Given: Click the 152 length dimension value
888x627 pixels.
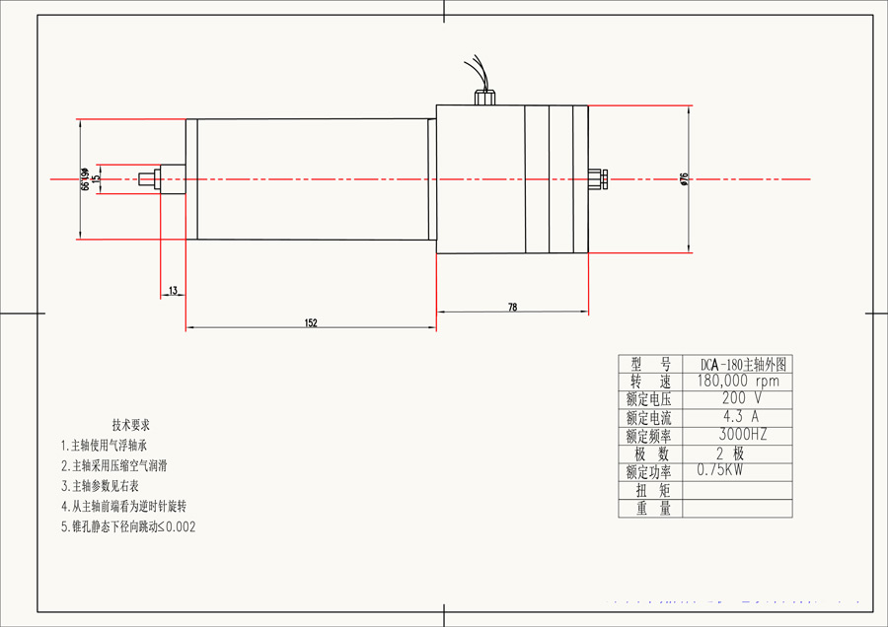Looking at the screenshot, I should (311, 322).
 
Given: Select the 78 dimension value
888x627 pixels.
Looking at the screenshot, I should (512, 308).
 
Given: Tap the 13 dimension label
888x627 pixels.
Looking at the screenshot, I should (173, 291).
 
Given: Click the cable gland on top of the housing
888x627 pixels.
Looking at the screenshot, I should (485, 98).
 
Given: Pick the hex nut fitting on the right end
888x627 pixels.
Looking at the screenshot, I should (595, 179).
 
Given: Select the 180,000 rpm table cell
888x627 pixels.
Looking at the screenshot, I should (737, 382).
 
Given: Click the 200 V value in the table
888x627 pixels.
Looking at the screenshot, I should (737, 399).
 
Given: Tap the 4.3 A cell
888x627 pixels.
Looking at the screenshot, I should (737, 417).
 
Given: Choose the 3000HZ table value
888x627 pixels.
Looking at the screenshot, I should (737, 435).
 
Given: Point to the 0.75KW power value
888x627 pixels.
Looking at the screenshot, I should (719, 470).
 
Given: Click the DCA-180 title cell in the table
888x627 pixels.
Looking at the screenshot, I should (737, 364).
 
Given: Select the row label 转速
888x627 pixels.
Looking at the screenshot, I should (649, 382).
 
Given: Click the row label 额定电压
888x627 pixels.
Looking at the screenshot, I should (649, 399).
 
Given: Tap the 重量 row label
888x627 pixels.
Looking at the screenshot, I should (649, 509).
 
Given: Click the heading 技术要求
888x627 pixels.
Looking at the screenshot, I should (130, 425).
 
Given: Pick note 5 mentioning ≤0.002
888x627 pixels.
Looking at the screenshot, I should (128, 526).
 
